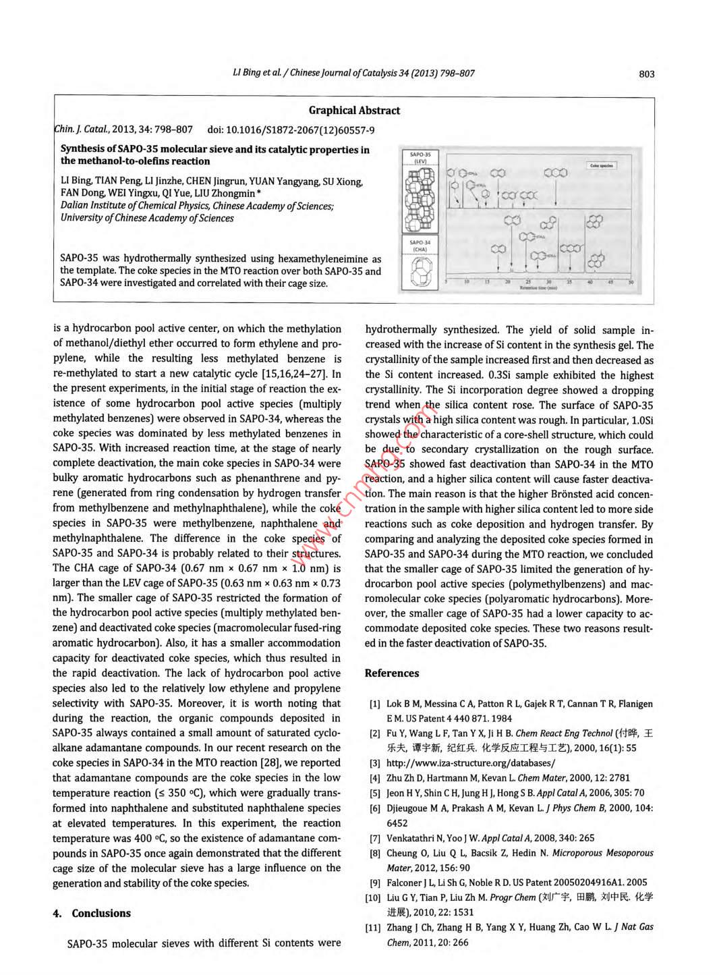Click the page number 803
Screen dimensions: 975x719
[x=646, y=74]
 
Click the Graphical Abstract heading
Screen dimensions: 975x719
[x=354, y=111]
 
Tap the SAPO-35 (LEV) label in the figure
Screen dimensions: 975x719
[x=420, y=158]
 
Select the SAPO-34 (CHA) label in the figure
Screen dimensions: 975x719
[x=420, y=246]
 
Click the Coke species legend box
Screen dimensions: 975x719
[x=601, y=165]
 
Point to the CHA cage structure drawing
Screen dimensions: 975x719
[x=420, y=271]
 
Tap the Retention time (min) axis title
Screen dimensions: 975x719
[x=538, y=287]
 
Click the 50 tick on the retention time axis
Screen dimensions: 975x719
[x=631, y=281]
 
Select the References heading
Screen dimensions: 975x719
[x=392, y=673]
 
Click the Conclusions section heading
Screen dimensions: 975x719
[x=101, y=913]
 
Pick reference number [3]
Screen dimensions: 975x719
[x=374, y=763]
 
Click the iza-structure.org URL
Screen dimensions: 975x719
[x=471, y=763]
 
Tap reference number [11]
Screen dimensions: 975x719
[x=373, y=927]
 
